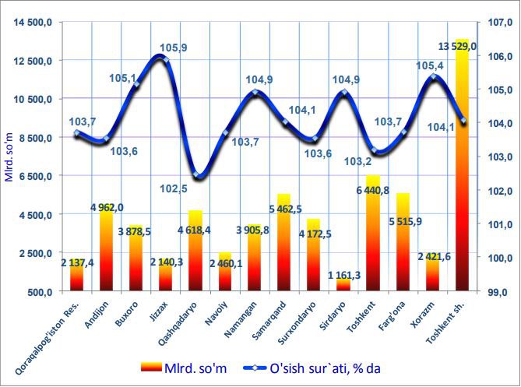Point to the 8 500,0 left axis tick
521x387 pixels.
pos(34,138)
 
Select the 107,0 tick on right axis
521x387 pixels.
pos(495,23)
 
